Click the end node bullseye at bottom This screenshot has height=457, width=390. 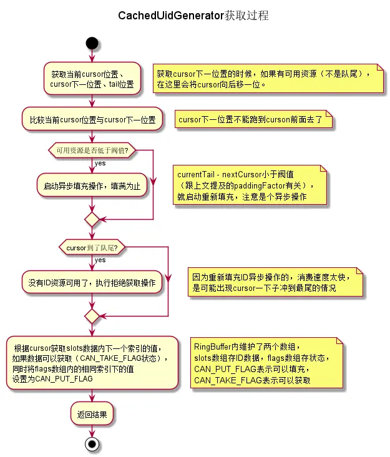click(x=92, y=444)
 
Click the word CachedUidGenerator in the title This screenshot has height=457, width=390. click(x=170, y=16)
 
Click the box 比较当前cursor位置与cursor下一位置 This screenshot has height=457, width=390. click(x=92, y=119)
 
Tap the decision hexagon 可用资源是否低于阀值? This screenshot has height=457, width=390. click(x=92, y=150)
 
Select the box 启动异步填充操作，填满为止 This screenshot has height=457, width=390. click(x=92, y=185)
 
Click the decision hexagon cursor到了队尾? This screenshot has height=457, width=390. click(x=92, y=247)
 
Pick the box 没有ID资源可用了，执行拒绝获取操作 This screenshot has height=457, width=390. click(x=92, y=283)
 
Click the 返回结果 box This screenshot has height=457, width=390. click(x=92, y=414)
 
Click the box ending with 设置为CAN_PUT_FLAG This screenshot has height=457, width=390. click(x=92, y=363)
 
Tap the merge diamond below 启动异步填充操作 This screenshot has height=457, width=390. click(x=92, y=219)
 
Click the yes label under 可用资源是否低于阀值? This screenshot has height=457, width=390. click(x=100, y=163)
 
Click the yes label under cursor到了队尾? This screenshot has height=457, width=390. click(x=100, y=260)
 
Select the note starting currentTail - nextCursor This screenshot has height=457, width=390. click(x=250, y=185)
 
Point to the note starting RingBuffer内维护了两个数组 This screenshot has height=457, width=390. click(x=268, y=363)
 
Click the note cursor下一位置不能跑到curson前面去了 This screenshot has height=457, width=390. click(x=254, y=119)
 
